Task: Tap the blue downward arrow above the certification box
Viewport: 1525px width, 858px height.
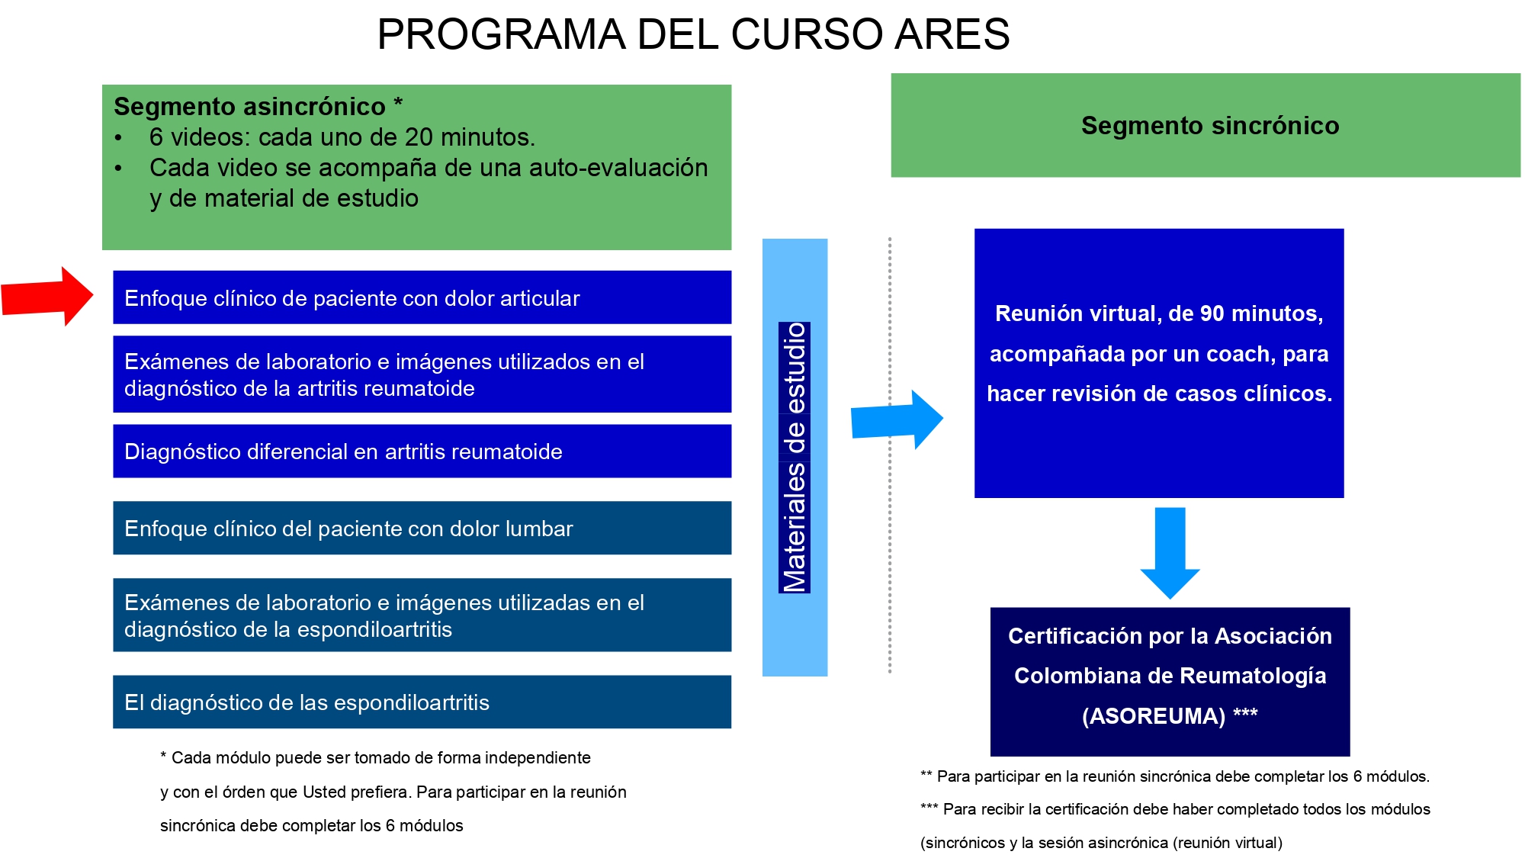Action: tap(1170, 553)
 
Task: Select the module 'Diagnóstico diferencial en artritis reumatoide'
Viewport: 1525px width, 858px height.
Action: tap(422, 451)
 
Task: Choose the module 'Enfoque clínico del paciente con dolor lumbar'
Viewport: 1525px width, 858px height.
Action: tap(422, 528)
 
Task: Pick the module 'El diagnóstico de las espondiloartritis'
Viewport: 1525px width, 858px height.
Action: tap(422, 702)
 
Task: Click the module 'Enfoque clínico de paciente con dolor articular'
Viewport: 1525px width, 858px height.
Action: tap(422, 297)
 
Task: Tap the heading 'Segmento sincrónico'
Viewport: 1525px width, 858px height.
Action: tap(1210, 125)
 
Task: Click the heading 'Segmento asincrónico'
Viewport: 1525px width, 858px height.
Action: tap(249, 106)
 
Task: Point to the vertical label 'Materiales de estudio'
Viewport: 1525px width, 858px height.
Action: tap(795, 458)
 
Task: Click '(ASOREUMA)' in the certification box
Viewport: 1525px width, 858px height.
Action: tap(1154, 716)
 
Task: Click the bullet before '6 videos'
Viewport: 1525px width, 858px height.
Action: tap(118, 138)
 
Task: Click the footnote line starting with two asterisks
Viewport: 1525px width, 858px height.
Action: tap(1175, 776)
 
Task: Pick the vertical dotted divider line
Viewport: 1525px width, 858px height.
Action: tap(890, 455)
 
